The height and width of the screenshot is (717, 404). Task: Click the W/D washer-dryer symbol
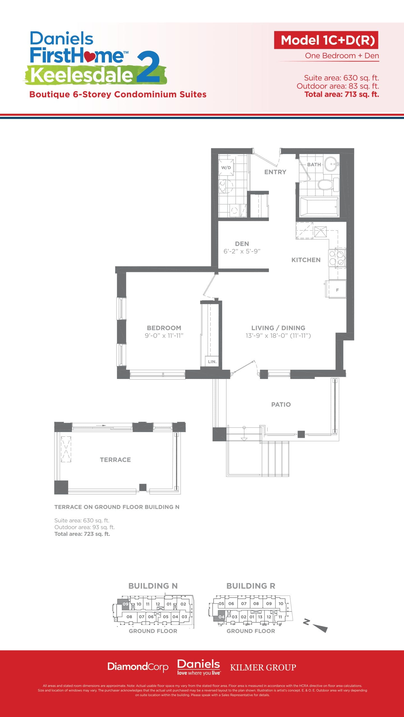[226, 167]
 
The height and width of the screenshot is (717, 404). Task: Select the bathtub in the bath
[319, 207]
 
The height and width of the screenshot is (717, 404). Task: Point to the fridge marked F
[337, 290]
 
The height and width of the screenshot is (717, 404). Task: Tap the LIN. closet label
[212, 362]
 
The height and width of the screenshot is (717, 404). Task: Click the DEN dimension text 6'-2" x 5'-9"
[242, 251]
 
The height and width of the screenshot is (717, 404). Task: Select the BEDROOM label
[164, 328]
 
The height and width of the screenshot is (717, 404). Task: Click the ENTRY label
[275, 172]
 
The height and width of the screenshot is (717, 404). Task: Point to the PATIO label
[281, 404]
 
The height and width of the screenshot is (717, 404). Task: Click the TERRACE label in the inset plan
[115, 460]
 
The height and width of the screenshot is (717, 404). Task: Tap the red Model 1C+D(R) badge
[326, 40]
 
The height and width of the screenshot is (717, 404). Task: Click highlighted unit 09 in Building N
[125, 604]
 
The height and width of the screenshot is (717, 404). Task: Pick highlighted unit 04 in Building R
[221, 617]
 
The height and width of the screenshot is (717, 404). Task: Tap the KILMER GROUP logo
[263, 667]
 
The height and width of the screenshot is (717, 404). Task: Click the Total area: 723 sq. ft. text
[82, 534]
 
